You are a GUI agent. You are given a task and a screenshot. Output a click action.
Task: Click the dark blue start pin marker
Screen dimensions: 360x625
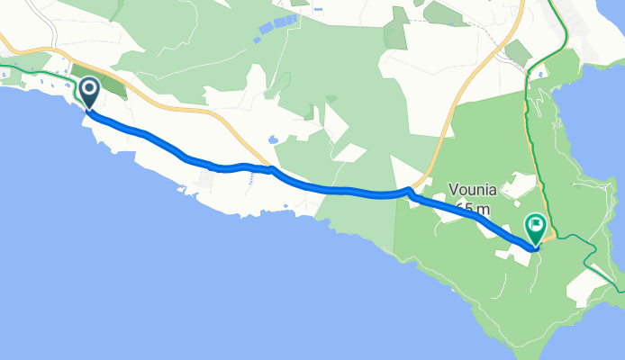[x=90, y=91]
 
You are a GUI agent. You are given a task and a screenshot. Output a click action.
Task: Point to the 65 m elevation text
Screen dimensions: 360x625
[x=472, y=209]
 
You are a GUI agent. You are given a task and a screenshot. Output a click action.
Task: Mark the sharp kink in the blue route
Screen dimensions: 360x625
[x=408, y=191]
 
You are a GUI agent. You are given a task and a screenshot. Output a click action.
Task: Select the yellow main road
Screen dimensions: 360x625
[x=450, y=108]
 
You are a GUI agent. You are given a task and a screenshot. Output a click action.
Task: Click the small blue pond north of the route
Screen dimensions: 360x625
[x=271, y=140]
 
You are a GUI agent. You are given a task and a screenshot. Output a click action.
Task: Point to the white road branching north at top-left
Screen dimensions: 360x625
[x=51, y=27]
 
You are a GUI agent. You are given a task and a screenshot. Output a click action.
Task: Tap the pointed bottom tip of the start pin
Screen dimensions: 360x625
[x=90, y=110]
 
